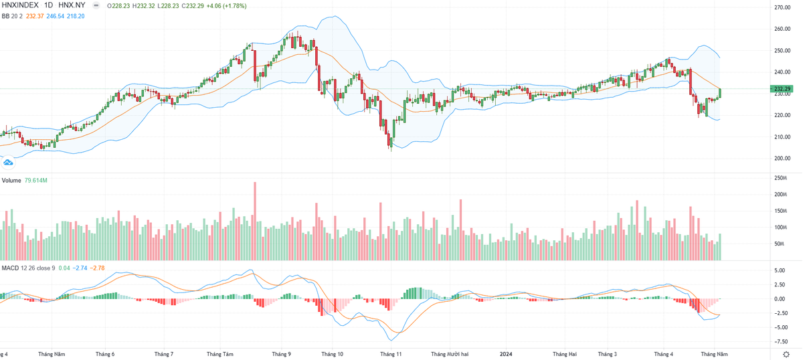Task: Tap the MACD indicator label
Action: pyautogui.click(x=9, y=268)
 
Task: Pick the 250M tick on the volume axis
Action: pyautogui.click(x=778, y=178)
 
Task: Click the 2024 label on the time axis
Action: pyautogui.click(x=506, y=353)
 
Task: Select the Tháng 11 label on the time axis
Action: pyautogui.click(x=390, y=353)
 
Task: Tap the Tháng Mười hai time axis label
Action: pyautogui.click(x=450, y=353)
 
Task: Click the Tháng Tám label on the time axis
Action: pyautogui.click(x=219, y=353)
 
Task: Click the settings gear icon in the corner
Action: pyautogui.click(x=787, y=353)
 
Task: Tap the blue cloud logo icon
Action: pyautogui.click(x=9, y=162)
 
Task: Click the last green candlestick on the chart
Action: pyautogui.click(x=720, y=93)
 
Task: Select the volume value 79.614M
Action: pyautogui.click(x=35, y=181)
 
